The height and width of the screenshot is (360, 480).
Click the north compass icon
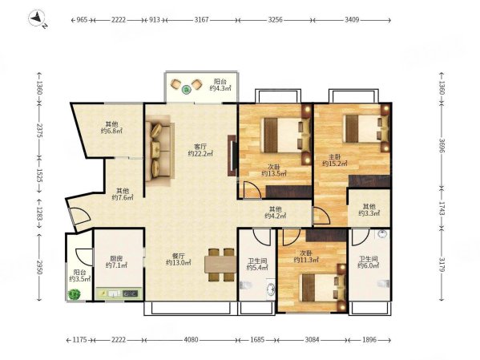point(37,18)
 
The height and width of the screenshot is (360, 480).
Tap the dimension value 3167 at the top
point(201,20)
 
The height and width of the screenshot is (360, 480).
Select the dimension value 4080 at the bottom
point(191,340)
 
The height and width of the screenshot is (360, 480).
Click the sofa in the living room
point(159,150)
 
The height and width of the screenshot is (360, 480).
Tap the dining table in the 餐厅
point(220,265)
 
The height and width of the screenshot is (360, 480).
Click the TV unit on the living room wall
point(232,156)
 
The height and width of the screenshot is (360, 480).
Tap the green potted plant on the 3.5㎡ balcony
point(74,294)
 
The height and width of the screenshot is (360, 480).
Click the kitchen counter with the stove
point(119,293)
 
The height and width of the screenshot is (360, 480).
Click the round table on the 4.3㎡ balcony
point(186,90)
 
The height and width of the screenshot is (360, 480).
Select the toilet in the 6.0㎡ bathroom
point(384,284)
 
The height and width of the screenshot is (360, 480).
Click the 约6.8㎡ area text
point(111,131)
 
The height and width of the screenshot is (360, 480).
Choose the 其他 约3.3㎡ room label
point(369,209)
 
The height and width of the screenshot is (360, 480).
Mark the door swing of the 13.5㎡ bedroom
point(252,190)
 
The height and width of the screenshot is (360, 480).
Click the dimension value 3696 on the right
point(442,146)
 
